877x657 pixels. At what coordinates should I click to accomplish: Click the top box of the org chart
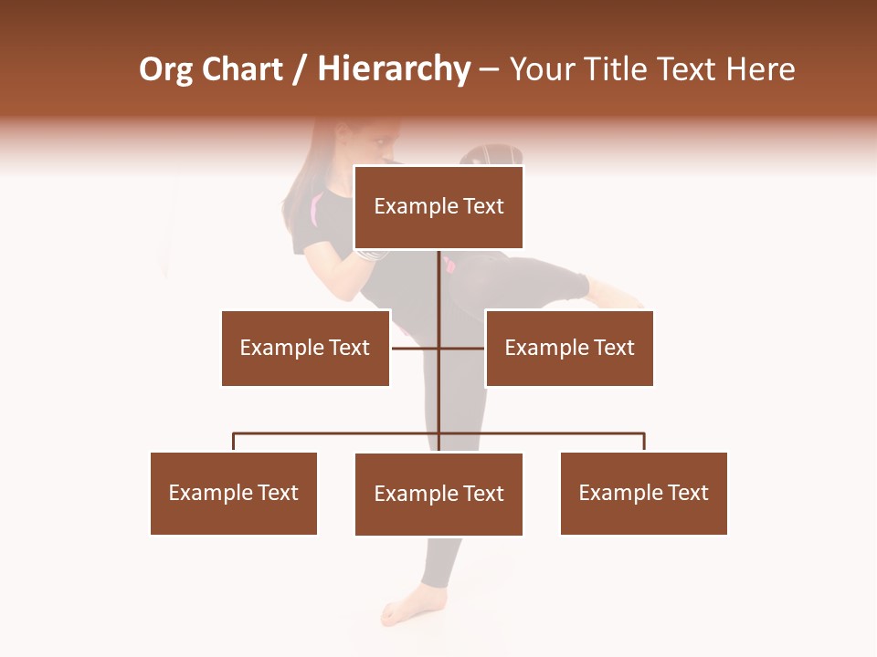[438, 206]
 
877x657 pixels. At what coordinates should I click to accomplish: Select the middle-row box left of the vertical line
[305, 348]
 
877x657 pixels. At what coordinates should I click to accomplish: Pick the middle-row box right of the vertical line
[569, 348]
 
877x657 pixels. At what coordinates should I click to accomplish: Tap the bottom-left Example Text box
[234, 493]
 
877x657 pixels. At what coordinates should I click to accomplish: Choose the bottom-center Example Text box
[438, 494]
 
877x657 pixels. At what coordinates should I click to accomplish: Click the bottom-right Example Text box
[644, 493]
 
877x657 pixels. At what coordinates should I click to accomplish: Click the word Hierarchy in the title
[394, 69]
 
